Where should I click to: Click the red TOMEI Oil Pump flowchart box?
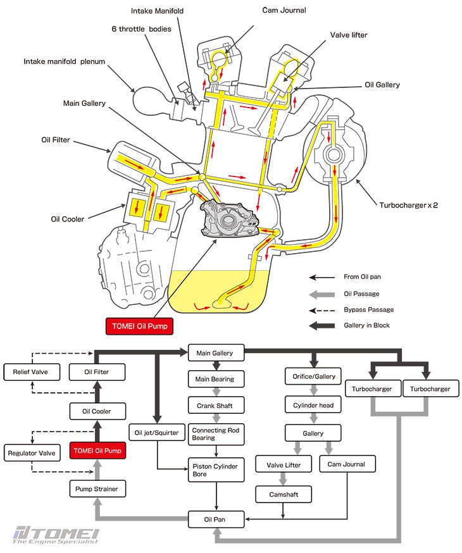[x=96, y=451]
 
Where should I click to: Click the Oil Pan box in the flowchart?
[x=216, y=520]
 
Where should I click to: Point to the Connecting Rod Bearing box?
[x=216, y=433]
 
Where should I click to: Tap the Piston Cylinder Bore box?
[x=216, y=469]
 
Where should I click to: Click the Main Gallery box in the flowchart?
[x=215, y=353]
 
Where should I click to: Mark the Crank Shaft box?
[x=216, y=405]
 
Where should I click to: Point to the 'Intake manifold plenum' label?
[x=64, y=61]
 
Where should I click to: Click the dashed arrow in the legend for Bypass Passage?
[x=322, y=310]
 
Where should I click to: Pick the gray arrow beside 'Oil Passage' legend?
[x=322, y=294]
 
